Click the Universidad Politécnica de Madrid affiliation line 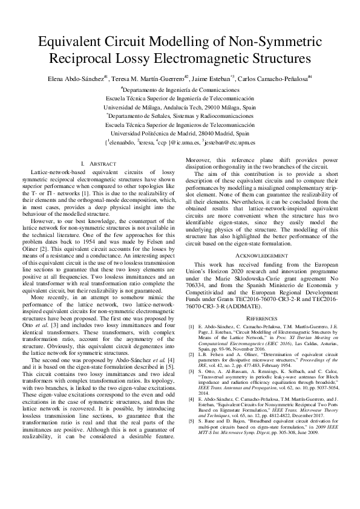[180, 132]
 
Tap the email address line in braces [180, 143]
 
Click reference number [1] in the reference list [192, 326]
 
